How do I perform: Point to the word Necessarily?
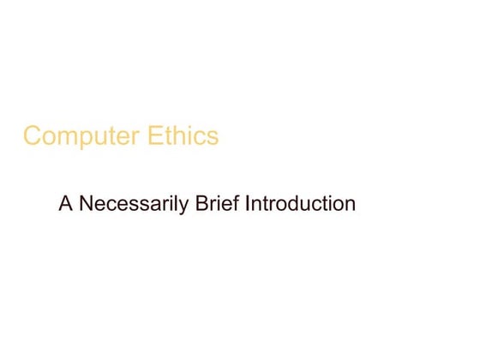[129, 206]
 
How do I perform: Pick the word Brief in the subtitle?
[215, 205]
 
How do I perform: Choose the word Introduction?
[300, 205]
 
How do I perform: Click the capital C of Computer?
[32, 136]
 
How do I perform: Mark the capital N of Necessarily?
[84, 205]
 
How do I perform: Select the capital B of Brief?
[199, 205]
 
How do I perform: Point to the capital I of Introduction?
[248, 205]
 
